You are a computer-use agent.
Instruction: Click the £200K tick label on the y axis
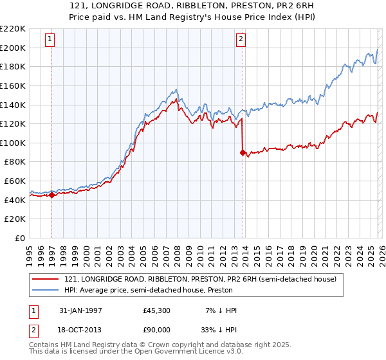tap(13, 48)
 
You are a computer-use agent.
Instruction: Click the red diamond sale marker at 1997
tap(51, 195)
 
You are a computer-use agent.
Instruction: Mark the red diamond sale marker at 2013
tap(243, 152)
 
